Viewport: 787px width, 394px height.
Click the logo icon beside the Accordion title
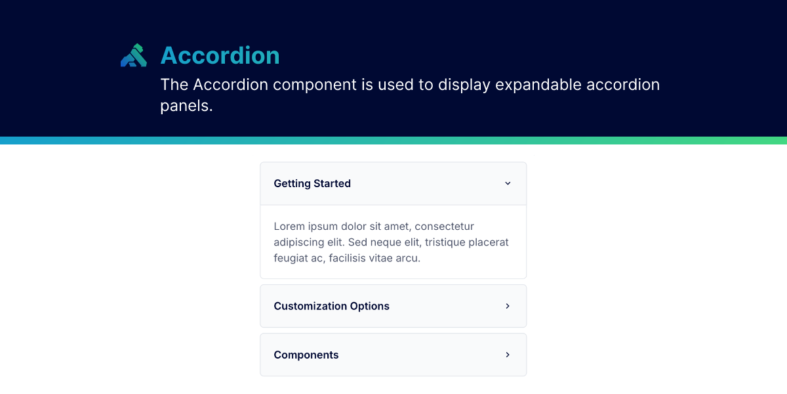(x=133, y=56)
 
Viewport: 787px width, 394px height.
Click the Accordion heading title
(x=220, y=56)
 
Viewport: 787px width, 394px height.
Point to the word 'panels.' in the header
(x=186, y=106)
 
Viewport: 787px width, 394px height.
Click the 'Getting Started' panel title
(x=312, y=184)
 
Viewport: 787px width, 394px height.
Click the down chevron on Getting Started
(x=508, y=184)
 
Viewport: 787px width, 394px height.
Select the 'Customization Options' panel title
(x=331, y=306)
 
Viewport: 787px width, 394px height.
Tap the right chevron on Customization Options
(x=508, y=306)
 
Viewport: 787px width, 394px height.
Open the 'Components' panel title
(x=306, y=355)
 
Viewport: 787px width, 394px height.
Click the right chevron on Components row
(x=508, y=355)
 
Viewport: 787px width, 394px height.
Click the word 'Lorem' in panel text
(x=289, y=227)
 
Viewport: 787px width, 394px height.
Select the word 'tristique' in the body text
(x=447, y=242)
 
